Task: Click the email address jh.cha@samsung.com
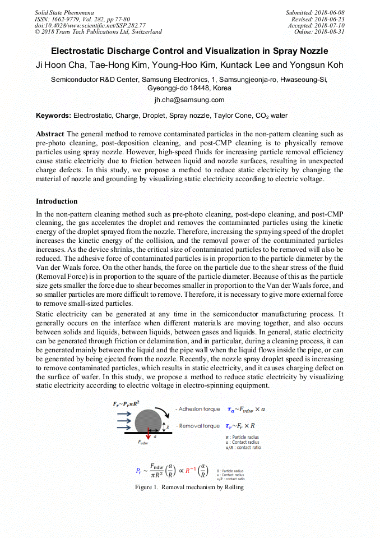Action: click(x=189, y=100)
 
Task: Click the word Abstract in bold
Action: click(x=50, y=134)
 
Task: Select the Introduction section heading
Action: click(x=57, y=201)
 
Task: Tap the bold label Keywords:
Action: click(x=53, y=116)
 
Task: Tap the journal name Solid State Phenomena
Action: click(x=64, y=12)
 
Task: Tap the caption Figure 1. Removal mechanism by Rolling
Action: click(x=189, y=487)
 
